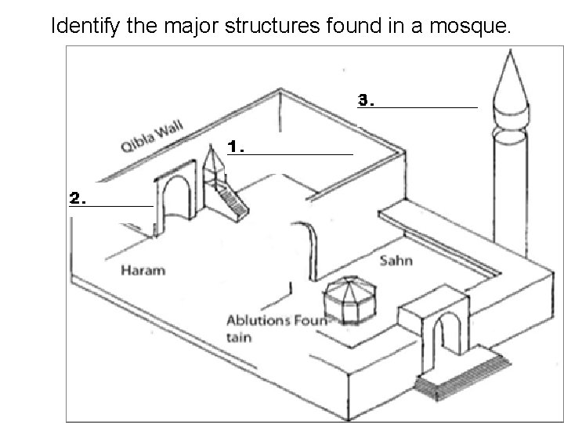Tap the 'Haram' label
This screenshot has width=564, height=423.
[x=143, y=271]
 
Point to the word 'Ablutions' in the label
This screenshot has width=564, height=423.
[x=256, y=320]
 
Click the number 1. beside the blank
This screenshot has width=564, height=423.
[x=237, y=146]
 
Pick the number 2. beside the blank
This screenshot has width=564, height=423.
[x=78, y=198]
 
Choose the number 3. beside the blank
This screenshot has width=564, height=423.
[x=366, y=100]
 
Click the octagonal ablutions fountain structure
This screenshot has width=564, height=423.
[x=349, y=302]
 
